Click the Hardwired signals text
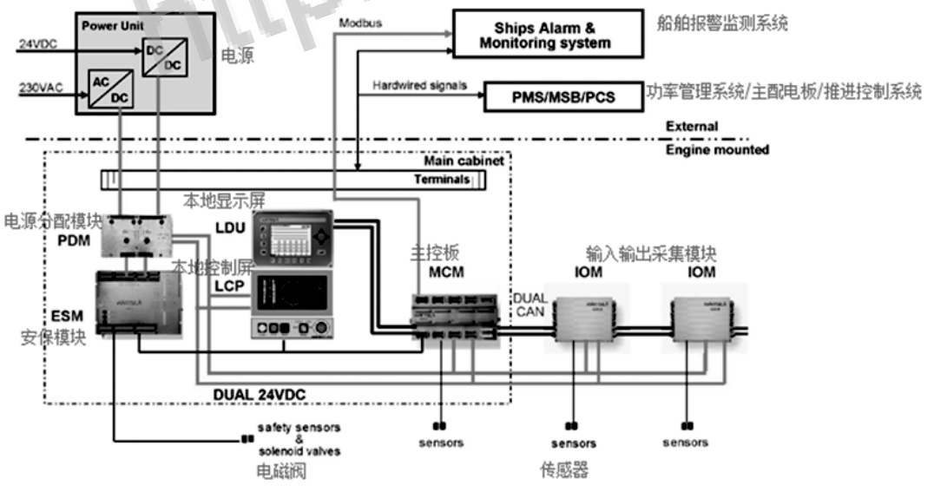pyautogui.click(x=420, y=85)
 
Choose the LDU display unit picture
pyautogui.click(x=291, y=236)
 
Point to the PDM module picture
pyautogui.click(x=138, y=235)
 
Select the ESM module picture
pyautogui.click(x=140, y=305)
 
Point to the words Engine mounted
pyautogui.click(x=717, y=150)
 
